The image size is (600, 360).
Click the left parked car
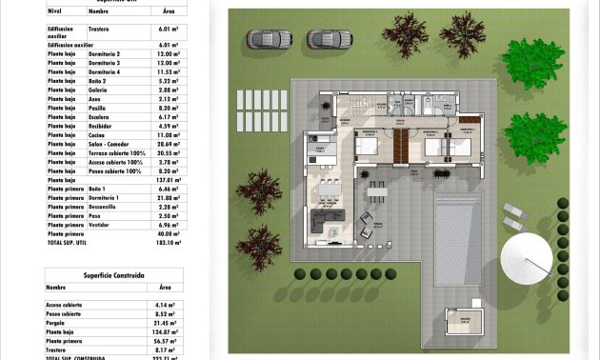click(x=269, y=39)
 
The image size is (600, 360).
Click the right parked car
click(x=330, y=39)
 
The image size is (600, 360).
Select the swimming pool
click(x=458, y=237)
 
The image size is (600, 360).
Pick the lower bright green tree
click(x=534, y=136)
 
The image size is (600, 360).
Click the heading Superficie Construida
click(x=114, y=274)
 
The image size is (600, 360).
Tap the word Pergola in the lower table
click(x=58, y=323)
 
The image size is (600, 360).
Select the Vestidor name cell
click(x=101, y=225)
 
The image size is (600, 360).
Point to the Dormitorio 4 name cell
click(x=104, y=71)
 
